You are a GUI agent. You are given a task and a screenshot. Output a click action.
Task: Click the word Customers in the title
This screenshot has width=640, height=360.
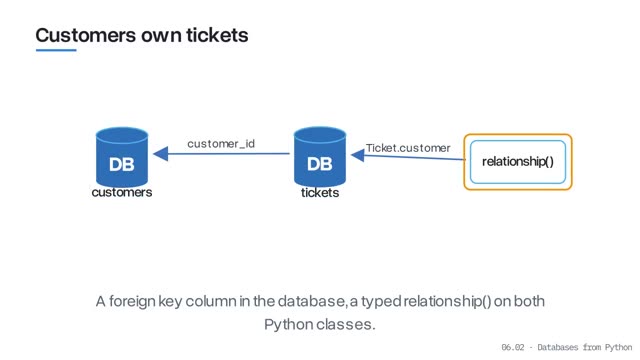point(86,35)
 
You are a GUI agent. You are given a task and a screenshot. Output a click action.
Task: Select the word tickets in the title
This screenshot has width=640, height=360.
point(217,35)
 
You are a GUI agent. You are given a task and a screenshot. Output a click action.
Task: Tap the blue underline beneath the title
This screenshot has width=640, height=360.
point(56,50)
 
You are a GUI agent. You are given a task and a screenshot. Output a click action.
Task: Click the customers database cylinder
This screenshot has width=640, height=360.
point(122,157)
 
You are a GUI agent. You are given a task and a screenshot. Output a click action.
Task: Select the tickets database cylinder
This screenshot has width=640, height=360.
point(320,157)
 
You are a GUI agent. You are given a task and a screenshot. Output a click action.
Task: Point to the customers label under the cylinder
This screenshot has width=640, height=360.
point(122,192)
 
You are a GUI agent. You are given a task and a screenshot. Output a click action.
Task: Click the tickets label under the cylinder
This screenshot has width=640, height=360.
point(320,193)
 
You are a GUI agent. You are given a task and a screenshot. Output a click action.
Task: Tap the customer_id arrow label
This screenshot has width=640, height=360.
point(221,144)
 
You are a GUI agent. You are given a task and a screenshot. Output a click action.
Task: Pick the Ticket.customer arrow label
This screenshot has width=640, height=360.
point(408,148)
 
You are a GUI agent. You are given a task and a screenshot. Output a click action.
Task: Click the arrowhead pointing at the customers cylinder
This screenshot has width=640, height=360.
point(160,154)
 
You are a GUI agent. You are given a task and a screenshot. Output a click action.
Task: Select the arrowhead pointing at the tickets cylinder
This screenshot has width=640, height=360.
point(358,155)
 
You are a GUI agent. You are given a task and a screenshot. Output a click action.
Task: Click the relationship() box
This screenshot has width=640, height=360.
point(518,162)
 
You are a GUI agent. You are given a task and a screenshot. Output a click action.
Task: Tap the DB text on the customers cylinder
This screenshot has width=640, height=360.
point(122,164)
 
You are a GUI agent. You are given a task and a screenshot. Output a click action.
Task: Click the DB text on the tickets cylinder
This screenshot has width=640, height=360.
point(320,164)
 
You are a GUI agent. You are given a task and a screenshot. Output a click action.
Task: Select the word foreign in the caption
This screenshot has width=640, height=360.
point(132,302)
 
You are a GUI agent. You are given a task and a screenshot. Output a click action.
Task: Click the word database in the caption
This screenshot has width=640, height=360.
point(311,301)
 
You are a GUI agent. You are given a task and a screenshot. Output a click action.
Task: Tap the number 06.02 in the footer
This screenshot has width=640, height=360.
point(513,347)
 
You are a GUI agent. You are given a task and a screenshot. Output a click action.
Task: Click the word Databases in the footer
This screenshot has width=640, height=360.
point(558,347)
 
